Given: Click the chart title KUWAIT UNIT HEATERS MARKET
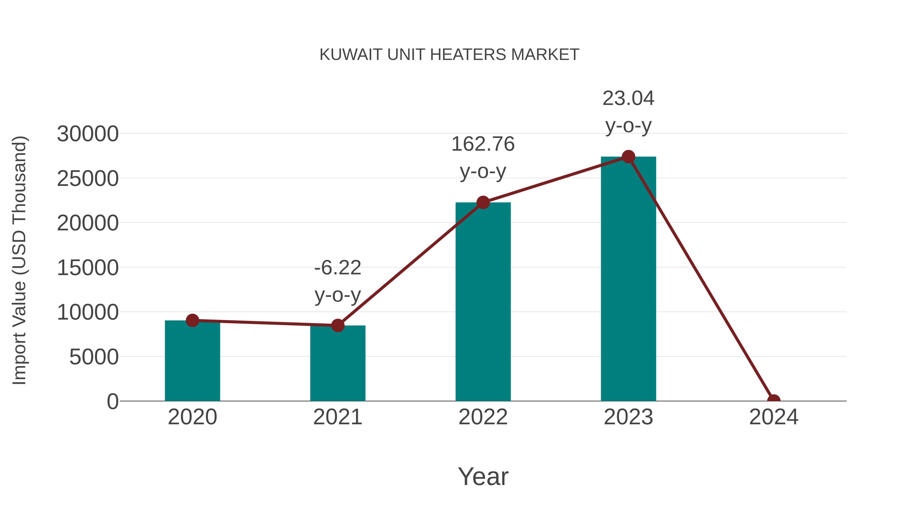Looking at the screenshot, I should click(449, 55).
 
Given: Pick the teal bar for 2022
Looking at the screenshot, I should click(483, 302).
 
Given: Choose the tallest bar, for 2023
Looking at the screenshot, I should click(628, 279).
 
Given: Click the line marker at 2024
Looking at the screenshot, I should click(773, 400).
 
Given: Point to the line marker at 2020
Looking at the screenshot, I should click(192, 320).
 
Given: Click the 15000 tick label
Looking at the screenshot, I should click(88, 268).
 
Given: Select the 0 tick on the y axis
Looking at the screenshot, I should click(112, 402).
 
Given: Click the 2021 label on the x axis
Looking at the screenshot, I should click(337, 417).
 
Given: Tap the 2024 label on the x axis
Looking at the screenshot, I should click(773, 417).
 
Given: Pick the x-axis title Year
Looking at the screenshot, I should click(483, 476).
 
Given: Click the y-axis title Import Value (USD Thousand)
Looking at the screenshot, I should click(19, 260).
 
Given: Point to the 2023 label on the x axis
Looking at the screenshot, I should click(628, 417).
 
